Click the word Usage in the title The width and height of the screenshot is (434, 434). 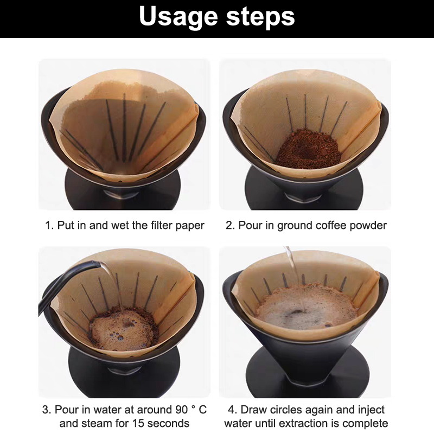(x=178, y=18)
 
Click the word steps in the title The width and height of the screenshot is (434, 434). (x=260, y=18)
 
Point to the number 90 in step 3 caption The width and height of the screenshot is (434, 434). (x=182, y=410)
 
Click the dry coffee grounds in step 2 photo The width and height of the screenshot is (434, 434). (x=308, y=150)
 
